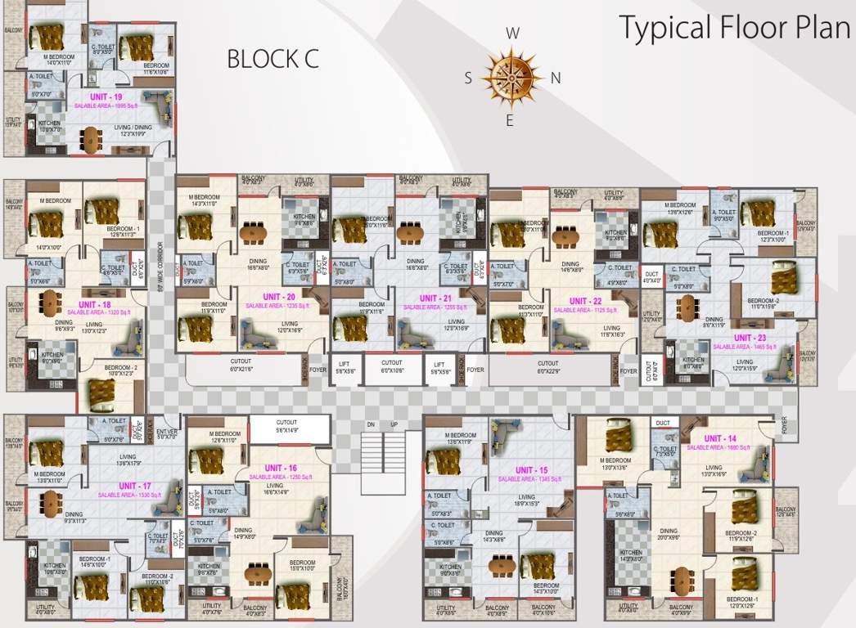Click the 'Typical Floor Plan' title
click(734, 28)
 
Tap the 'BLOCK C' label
click(273, 59)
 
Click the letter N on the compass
click(556, 78)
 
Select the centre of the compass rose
click(511, 76)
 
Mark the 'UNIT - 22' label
click(582, 302)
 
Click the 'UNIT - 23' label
click(749, 338)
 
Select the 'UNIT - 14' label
click(719, 439)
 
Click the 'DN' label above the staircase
click(370, 425)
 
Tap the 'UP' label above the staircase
click(394, 425)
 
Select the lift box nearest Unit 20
click(345, 368)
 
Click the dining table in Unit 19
click(89, 140)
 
